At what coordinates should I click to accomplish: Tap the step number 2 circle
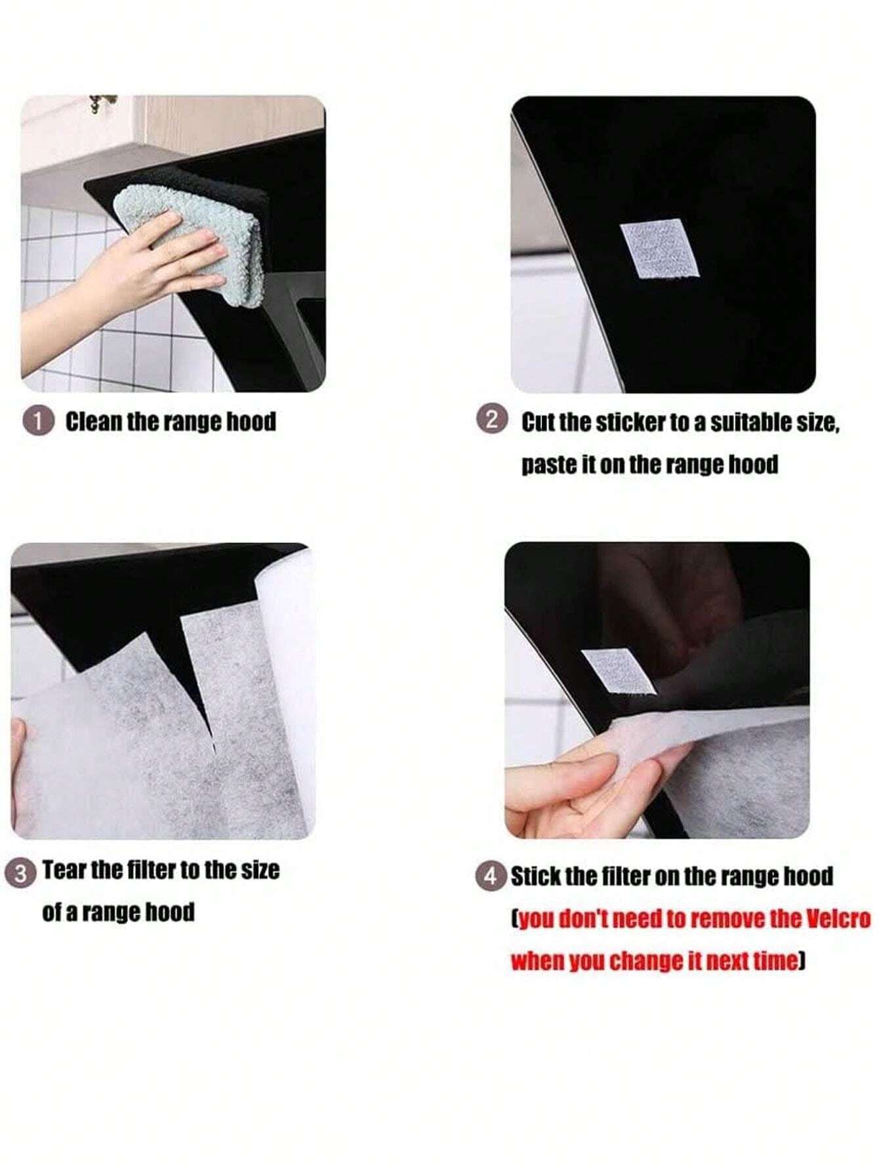coord(493,420)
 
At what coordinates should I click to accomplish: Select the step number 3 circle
coord(22,873)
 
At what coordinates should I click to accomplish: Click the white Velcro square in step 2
coord(659,249)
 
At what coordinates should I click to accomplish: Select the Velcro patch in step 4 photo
coord(618,672)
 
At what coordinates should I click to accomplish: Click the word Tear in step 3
coord(64,871)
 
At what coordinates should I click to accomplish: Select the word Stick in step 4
coord(533,876)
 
